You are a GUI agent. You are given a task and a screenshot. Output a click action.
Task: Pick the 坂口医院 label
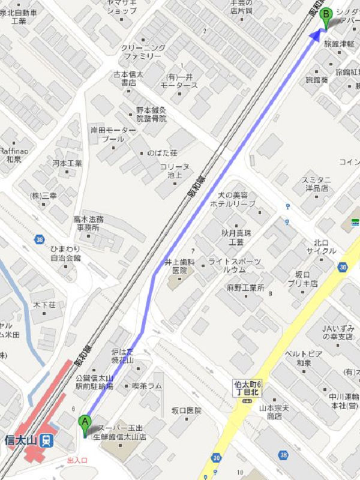tap(186, 411)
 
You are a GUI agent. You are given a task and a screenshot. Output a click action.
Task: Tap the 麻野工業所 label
tap(245, 288)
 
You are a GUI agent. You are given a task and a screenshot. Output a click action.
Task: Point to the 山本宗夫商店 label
tap(266, 412)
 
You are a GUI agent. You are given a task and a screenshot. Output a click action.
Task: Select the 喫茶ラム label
tap(146, 386)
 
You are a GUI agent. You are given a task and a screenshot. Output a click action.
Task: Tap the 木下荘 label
tap(44, 305)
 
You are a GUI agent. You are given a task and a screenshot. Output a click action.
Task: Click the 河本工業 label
tap(67, 163)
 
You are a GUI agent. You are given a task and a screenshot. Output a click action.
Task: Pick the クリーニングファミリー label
tap(142, 52)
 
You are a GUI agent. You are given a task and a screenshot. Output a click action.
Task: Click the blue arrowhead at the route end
tap(316, 35)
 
